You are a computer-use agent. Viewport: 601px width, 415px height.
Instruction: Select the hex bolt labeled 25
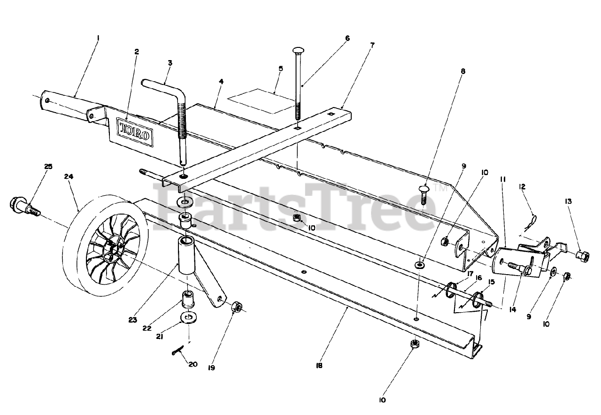coord(23,207)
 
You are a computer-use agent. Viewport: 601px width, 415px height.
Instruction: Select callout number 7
coord(372,45)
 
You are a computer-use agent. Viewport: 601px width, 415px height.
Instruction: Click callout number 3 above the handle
coord(170,62)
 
